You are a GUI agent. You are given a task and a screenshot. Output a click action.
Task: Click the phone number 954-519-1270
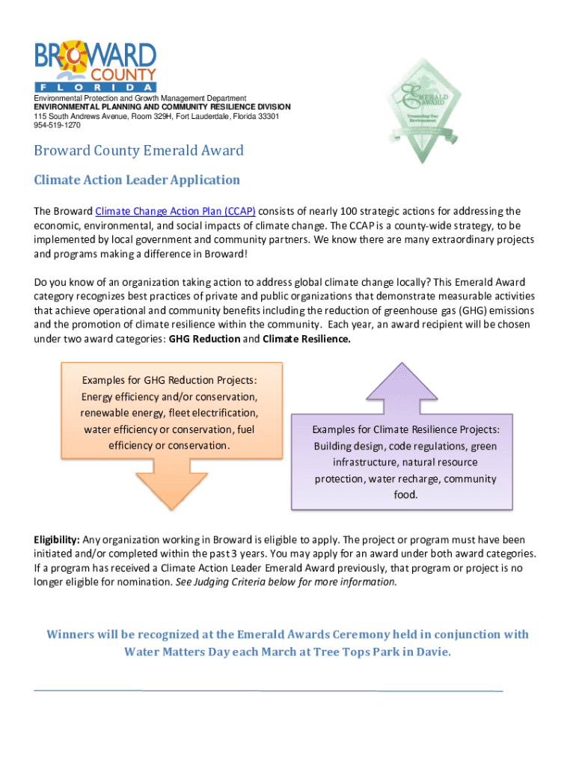coord(57,126)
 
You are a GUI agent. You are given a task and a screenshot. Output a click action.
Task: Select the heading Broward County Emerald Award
coord(138,151)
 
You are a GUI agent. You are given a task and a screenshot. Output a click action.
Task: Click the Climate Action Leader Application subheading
coord(137,180)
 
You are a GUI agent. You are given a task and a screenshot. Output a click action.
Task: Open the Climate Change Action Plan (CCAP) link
coord(176,212)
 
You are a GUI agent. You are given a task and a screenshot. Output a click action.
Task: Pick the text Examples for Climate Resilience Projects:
coord(406,429)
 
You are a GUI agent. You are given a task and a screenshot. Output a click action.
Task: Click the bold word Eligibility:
coord(57,540)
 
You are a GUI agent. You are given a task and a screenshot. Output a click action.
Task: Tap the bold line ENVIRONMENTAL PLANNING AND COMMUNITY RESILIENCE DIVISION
coord(162,108)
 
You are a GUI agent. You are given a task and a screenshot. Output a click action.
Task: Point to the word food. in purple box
coord(406,495)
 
